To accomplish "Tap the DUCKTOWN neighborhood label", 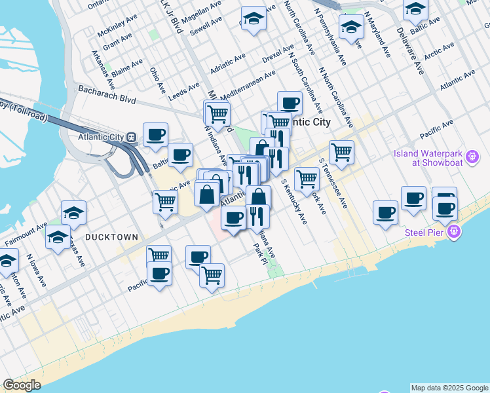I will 111,236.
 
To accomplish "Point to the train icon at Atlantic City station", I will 131,137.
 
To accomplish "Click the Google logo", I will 22,385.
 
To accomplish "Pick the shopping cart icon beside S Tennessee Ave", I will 341,152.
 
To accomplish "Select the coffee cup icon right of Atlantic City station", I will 156,134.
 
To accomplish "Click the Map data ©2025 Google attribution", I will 449,388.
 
